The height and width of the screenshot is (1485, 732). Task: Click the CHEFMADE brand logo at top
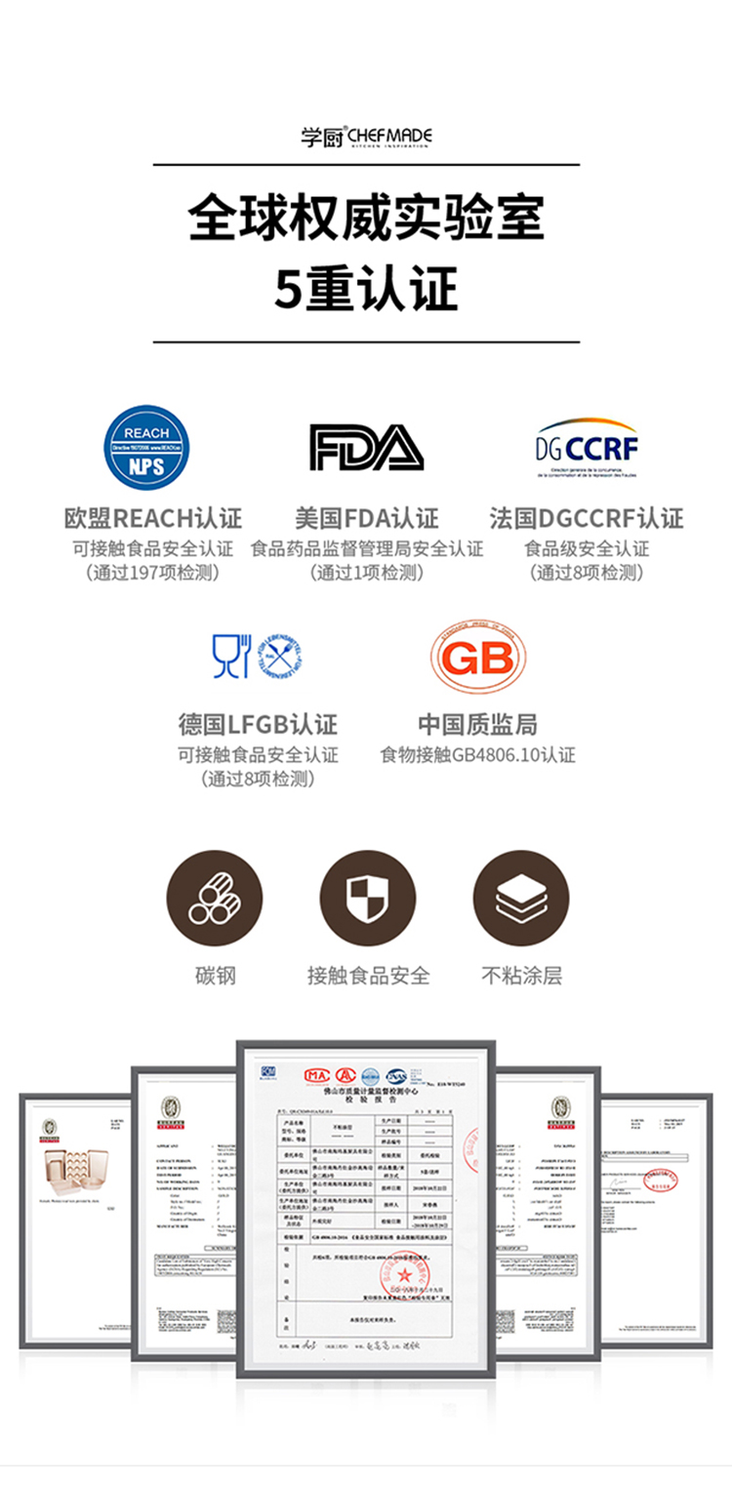pyautogui.click(x=366, y=138)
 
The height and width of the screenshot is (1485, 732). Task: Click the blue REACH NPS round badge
pyautogui.click(x=146, y=448)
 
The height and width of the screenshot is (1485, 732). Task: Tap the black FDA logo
pyautogui.click(x=366, y=447)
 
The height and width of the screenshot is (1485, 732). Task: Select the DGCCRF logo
pyautogui.click(x=587, y=449)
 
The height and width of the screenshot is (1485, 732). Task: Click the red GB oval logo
pyautogui.click(x=478, y=657)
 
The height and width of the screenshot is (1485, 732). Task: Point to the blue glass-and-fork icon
pyautogui.click(x=231, y=656)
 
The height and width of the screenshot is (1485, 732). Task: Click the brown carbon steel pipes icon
pyautogui.click(x=215, y=899)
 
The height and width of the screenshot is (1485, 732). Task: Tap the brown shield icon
pyautogui.click(x=368, y=899)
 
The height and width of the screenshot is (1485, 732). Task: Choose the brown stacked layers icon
pyautogui.click(x=521, y=899)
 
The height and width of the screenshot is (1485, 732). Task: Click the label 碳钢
pyautogui.click(x=215, y=975)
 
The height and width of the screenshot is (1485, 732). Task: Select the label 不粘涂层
pyautogui.click(x=521, y=975)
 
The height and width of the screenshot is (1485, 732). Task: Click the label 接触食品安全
pyautogui.click(x=368, y=975)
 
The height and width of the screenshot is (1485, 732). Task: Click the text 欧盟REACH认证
pyautogui.click(x=153, y=518)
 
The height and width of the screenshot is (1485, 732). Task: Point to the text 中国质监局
pyautogui.click(x=477, y=725)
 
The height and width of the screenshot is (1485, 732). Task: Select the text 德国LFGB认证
pyautogui.click(x=258, y=725)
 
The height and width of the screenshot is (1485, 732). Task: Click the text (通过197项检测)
pyautogui.click(x=153, y=573)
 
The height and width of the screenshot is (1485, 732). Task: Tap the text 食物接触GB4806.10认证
pyautogui.click(x=477, y=754)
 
